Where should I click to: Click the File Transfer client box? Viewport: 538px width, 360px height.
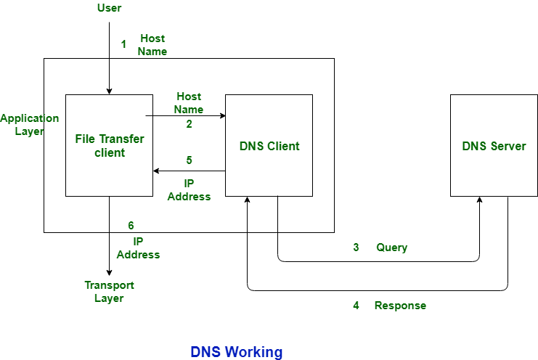109,145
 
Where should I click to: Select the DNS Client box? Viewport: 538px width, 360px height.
269,145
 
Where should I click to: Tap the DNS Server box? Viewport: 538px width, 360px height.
494,145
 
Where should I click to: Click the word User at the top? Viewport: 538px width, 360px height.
109,8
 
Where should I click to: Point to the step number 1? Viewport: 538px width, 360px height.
123,44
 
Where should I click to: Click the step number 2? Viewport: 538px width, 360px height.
189,124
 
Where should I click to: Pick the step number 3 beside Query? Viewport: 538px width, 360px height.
356,247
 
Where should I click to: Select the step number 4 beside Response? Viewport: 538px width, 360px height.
356,306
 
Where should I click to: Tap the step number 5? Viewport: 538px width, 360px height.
189,160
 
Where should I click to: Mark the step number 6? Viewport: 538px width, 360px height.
131,226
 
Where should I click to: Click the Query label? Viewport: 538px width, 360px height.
391,247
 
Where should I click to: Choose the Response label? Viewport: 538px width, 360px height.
400,306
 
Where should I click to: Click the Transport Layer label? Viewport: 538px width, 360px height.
109,292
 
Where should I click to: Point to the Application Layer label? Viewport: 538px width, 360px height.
29,125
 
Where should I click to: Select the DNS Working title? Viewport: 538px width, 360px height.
237,352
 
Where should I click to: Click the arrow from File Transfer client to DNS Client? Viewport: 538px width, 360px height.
185,115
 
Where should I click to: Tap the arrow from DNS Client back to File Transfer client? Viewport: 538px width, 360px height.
189,171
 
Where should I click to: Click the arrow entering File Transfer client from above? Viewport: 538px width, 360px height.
109,76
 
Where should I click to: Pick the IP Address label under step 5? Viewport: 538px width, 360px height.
189,189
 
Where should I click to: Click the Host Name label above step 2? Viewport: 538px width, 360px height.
189,103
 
